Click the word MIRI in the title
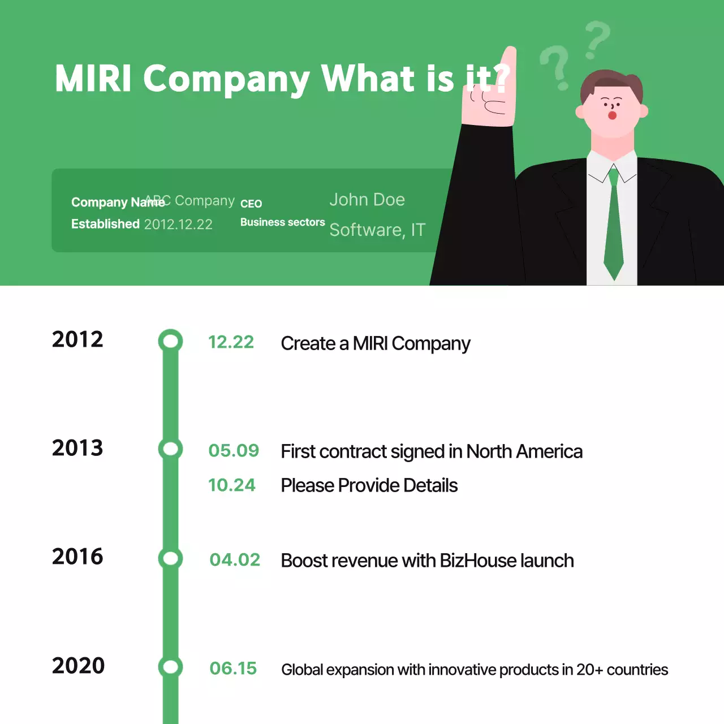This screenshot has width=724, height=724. pos(93,78)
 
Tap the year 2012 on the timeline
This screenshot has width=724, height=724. pos(77,339)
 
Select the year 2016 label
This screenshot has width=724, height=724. pos(77,557)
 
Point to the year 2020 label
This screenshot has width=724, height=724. pos(78,666)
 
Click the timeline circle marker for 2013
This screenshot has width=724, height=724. pos(170,449)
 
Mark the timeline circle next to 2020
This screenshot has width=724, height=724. pos(170,667)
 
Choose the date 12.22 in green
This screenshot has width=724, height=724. pos(231,342)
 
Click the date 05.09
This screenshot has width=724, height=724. pos(234,451)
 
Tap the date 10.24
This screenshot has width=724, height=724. pos(232,485)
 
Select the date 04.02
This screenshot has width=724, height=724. pos(235,560)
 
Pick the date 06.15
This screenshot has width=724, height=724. pos(233,669)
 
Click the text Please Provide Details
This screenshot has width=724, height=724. pos(369,485)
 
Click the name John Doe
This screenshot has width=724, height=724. pos(367,200)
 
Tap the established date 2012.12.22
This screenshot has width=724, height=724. pos(178,225)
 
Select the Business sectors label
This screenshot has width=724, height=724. pos(282,222)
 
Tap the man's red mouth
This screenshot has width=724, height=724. pos(612,115)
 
